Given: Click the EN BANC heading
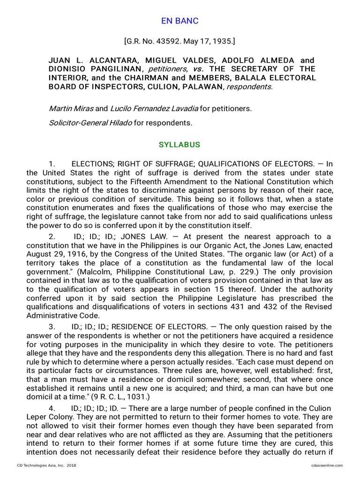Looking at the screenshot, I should (x=180, y=21).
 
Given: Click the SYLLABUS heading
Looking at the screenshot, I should (x=180, y=145).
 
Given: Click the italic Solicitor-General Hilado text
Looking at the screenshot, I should (x=91, y=123).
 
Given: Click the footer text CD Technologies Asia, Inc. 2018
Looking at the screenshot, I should (x=46, y=465).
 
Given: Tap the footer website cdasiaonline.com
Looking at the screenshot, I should (x=327, y=465).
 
